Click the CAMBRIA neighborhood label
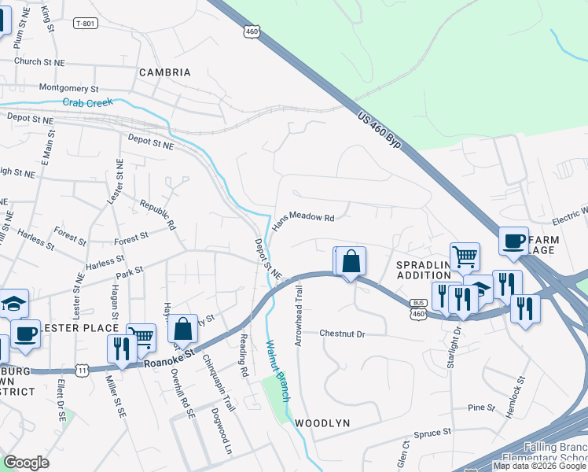click(x=165, y=72)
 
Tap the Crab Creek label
click(x=88, y=102)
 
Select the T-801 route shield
click(x=86, y=24)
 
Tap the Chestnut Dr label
click(x=343, y=334)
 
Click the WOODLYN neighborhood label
click(x=322, y=423)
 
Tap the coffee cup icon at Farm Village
click(x=513, y=241)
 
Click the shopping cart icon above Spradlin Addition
click(x=465, y=255)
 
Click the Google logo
click(x=27, y=463)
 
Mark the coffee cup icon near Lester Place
click(x=24, y=334)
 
